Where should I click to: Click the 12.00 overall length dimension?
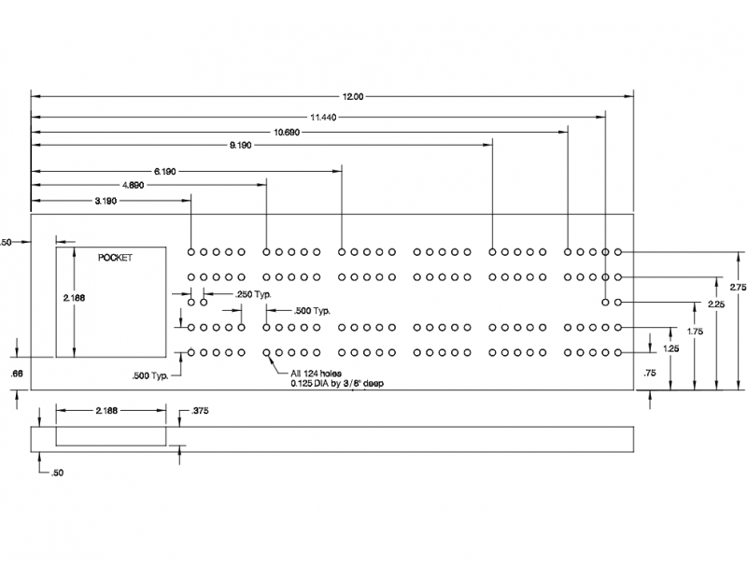(353, 97)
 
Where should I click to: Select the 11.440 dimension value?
(323, 117)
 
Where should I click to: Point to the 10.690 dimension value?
(287, 132)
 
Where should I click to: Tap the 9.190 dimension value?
(240, 146)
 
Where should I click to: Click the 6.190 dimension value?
(164, 172)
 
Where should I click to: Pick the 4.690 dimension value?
(133, 185)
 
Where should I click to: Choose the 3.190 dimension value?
(106, 201)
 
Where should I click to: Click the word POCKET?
(115, 258)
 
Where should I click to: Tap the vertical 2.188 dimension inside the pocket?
(74, 298)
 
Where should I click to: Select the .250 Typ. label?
(253, 295)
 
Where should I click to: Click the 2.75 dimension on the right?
(738, 288)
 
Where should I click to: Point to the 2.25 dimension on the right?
(716, 304)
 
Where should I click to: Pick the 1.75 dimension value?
(695, 332)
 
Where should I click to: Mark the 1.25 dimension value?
(670, 348)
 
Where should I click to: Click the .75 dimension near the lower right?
(649, 374)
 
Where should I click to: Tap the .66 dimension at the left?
(17, 374)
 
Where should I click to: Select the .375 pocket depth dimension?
(199, 411)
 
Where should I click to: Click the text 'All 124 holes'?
(317, 374)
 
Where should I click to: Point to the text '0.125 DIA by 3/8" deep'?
(337, 384)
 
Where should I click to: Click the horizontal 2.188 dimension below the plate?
(106, 411)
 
